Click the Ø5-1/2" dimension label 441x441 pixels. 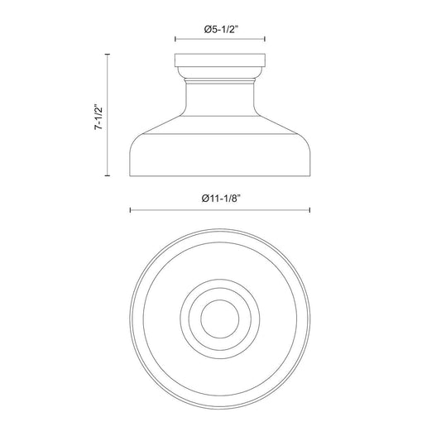(221, 30)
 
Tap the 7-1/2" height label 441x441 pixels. (99, 117)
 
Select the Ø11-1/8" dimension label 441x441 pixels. (222, 199)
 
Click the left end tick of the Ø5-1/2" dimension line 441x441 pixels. (175, 39)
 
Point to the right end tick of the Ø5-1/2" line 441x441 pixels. (265, 39)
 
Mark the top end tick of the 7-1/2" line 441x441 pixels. (108, 54)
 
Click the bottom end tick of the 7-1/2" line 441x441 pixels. (108, 175)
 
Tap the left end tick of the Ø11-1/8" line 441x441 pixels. (130, 210)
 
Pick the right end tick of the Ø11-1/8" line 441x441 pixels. (309, 210)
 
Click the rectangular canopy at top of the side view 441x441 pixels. (220, 60)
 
